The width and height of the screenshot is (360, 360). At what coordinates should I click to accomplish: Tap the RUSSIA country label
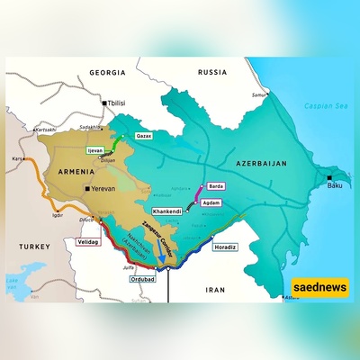tap(213, 71)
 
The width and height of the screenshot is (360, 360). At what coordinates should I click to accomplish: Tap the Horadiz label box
tap(225, 246)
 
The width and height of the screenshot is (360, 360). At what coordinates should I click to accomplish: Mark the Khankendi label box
tap(169, 211)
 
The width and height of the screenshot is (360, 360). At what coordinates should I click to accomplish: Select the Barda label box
tap(215, 186)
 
